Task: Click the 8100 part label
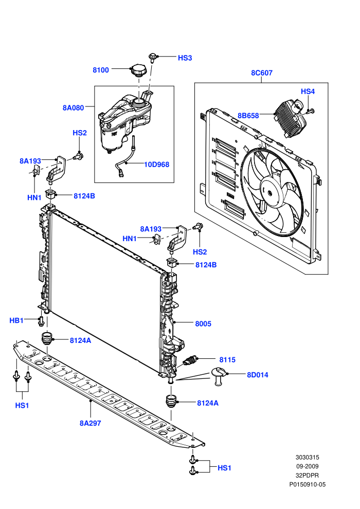[x=101, y=70]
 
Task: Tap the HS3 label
[x=185, y=58]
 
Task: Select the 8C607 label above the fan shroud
[x=262, y=73]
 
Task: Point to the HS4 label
[x=308, y=92]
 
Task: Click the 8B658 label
[x=248, y=116]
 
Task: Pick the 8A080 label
[x=73, y=108]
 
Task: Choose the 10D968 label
[x=156, y=165]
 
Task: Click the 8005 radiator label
[x=203, y=323]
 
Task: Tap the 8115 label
[x=227, y=360]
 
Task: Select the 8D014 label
[x=258, y=375]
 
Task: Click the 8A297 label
[x=90, y=423]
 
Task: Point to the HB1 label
[x=16, y=321]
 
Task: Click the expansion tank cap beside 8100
[x=138, y=70]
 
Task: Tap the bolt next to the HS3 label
[x=153, y=58]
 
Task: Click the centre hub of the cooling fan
[x=271, y=192]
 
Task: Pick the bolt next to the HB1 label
[x=41, y=321]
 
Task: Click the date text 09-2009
[x=307, y=466]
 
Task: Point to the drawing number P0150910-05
[x=307, y=485]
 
